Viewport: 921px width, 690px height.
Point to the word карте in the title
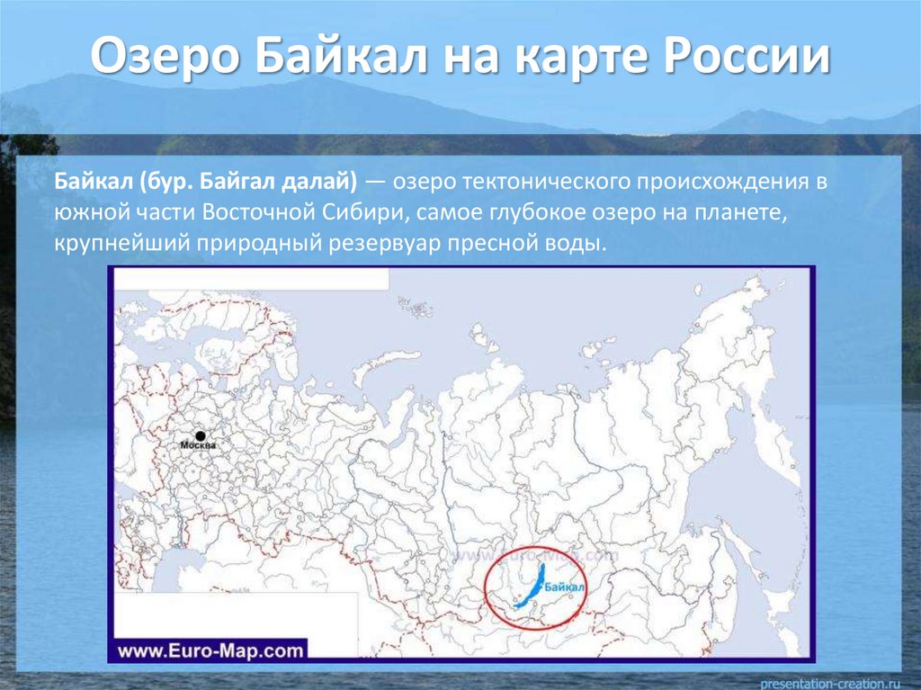click(585, 58)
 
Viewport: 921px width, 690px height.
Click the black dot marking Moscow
click(200, 435)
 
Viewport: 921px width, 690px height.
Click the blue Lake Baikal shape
click(531, 585)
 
